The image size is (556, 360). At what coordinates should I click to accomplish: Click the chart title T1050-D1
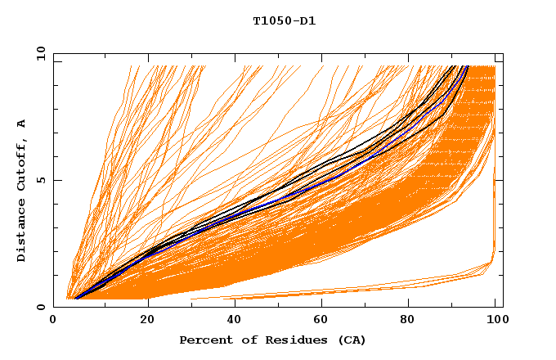[x=284, y=21]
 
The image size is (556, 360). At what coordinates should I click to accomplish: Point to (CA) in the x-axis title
[x=352, y=340]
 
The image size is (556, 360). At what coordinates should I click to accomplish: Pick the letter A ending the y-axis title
[x=21, y=124]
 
